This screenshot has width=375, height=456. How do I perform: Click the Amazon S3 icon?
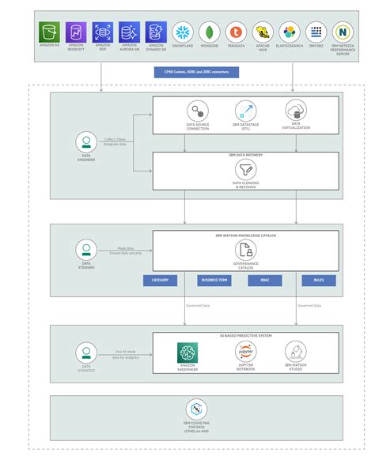(x=50, y=32)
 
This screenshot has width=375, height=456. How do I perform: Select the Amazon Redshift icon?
(x=76, y=32)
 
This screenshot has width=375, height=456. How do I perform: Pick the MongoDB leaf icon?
(x=208, y=32)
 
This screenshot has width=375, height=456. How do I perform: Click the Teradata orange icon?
(x=235, y=32)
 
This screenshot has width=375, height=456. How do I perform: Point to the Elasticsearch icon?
(x=289, y=32)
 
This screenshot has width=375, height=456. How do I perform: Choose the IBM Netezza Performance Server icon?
(x=343, y=32)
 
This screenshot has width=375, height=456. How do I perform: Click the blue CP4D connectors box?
(x=195, y=72)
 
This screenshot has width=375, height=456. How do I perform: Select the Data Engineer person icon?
(x=86, y=142)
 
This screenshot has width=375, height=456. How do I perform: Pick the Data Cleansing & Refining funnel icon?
(x=245, y=169)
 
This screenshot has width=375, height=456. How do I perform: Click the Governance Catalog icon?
(x=245, y=251)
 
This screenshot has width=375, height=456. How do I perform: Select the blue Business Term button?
(x=214, y=280)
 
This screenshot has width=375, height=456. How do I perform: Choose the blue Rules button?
(x=318, y=280)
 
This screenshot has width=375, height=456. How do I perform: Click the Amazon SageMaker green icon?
(x=187, y=351)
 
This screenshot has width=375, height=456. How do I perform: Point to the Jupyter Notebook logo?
(x=245, y=351)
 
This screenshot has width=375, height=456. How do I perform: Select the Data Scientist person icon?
(x=86, y=352)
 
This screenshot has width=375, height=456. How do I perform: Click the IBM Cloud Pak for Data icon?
(x=196, y=409)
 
